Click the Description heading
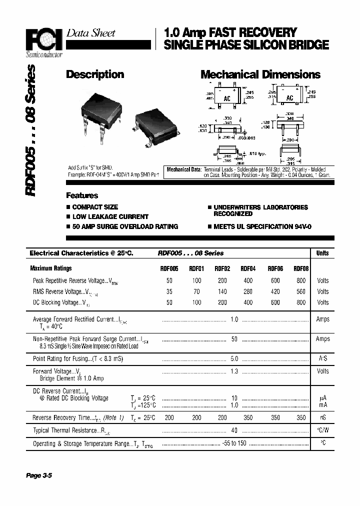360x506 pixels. click(x=95, y=74)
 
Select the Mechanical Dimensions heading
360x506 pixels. click(x=260, y=74)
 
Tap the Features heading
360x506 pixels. click(x=82, y=195)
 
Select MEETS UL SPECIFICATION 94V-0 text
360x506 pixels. click(x=262, y=226)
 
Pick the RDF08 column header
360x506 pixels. click(x=301, y=268)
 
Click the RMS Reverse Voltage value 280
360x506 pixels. click(x=248, y=291)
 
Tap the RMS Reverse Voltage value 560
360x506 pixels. click(x=301, y=291)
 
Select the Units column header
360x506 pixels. click(x=322, y=253)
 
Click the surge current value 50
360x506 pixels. click(x=234, y=339)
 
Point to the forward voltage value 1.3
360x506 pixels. click(x=234, y=371)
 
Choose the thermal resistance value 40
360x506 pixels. click(x=234, y=430)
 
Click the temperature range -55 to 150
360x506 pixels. click(x=234, y=443)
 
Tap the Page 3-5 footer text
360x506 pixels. click(x=39, y=475)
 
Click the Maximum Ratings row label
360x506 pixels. click(x=50, y=268)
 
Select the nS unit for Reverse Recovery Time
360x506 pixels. click(x=322, y=417)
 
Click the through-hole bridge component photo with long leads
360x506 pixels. click(x=102, y=120)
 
